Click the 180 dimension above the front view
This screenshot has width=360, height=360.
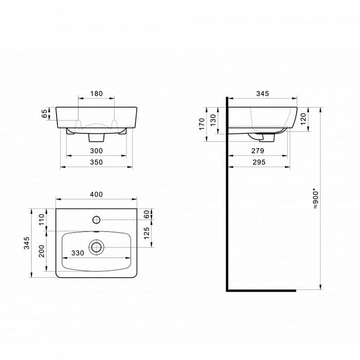(97, 94)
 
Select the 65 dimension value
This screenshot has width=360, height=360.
(44, 114)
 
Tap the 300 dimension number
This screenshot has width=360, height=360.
(97, 151)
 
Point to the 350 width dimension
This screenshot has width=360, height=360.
(97, 163)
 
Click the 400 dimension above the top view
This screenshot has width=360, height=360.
(97, 194)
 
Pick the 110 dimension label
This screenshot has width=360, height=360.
(42, 220)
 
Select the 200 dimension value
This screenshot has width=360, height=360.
(42, 251)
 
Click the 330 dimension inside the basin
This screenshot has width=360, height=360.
(78, 253)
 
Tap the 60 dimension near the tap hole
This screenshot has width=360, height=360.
(147, 214)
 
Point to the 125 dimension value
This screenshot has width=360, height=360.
(147, 233)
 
